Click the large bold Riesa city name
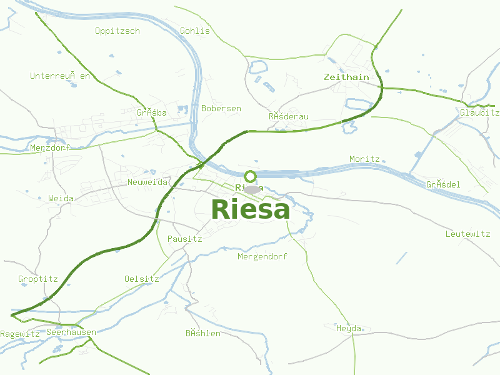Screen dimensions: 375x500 pyautogui.click(x=251, y=209)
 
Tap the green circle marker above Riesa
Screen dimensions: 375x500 pyautogui.click(x=251, y=176)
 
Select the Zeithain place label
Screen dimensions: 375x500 pyautogui.click(x=346, y=77)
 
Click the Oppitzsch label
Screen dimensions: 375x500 pyautogui.click(x=117, y=31)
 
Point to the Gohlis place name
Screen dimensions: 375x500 pyautogui.click(x=195, y=31)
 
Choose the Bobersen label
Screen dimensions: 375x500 pyautogui.click(x=221, y=108)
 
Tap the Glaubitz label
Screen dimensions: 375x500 pyautogui.click(x=479, y=112)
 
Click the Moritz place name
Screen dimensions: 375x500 pyautogui.click(x=365, y=159)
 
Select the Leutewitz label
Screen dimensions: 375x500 pyautogui.click(x=468, y=234)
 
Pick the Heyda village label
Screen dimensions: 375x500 pyautogui.click(x=349, y=328)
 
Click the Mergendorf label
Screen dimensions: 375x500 pyautogui.click(x=262, y=256)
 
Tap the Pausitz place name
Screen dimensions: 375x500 pyautogui.click(x=185, y=239)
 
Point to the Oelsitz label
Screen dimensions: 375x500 pyautogui.click(x=142, y=279)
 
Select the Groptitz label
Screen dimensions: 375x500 pyautogui.click(x=38, y=279)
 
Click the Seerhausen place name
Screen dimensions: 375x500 pyautogui.click(x=71, y=332)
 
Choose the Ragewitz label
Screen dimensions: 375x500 pyautogui.click(x=20, y=334)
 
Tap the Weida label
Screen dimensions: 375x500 pyautogui.click(x=61, y=198)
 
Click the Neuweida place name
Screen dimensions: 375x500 pyautogui.click(x=147, y=182)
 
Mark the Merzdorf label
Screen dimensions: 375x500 pyautogui.click(x=51, y=148)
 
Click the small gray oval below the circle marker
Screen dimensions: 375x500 pyautogui.click(x=252, y=189)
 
